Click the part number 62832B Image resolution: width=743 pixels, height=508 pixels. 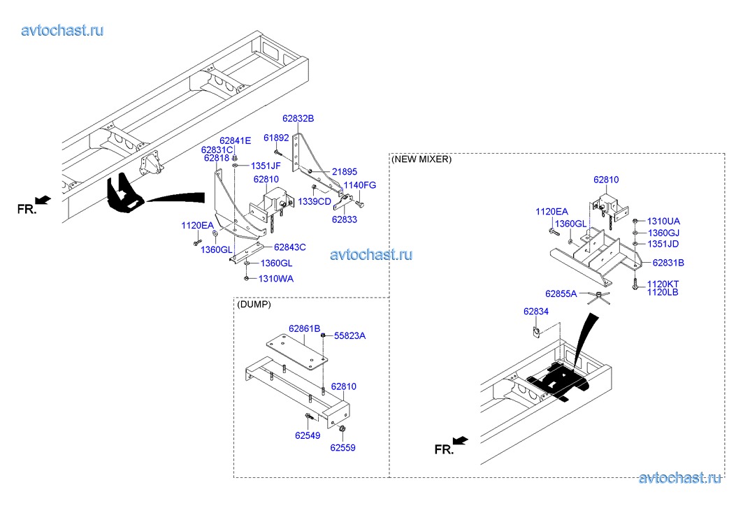click(298, 118)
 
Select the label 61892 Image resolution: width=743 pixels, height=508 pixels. click(276, 138)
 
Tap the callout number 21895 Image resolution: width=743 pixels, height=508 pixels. click(345, 171)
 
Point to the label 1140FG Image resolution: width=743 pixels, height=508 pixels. click(360, 185)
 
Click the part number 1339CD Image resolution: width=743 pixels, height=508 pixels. click(315, 201)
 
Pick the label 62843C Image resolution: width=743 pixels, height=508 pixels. click(290, 247)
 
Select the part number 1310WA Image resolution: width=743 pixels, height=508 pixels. click(276, 278)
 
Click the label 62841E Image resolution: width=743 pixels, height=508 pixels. click(235, 140)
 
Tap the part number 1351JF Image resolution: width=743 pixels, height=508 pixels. click(266, 166)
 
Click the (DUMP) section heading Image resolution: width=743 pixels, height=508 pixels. click(254, 305)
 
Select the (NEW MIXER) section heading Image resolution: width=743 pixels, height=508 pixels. click(421, 159)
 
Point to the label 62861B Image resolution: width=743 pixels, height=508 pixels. click(304, 328)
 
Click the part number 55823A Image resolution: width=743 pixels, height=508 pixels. click(349, 336)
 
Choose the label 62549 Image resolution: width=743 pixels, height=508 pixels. click(307, 435)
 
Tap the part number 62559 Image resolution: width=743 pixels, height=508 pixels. click(342, 447)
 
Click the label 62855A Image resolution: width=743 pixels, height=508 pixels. click(561, 293)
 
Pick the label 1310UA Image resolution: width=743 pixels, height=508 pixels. click(663, 220)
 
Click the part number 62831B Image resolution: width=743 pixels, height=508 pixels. click(668, 263)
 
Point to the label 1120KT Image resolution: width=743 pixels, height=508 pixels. click(663, 284)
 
